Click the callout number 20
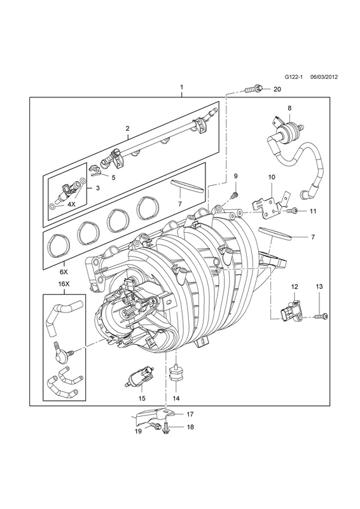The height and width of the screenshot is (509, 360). click(277, 89)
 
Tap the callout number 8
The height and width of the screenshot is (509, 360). click(289, 108)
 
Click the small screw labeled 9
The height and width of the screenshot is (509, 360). click(233, 195)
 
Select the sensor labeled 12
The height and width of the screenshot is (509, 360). click(291, 312)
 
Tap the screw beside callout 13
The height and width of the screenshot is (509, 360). click(321, 315)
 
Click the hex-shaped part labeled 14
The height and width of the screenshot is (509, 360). click(176, 374)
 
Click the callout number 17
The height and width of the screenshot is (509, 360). click(190, 414)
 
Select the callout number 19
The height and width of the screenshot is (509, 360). click(138, 431)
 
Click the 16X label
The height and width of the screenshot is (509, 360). click(64, 283)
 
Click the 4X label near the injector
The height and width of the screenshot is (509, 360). click(71, 205)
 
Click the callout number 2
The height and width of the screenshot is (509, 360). click(128, 137)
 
